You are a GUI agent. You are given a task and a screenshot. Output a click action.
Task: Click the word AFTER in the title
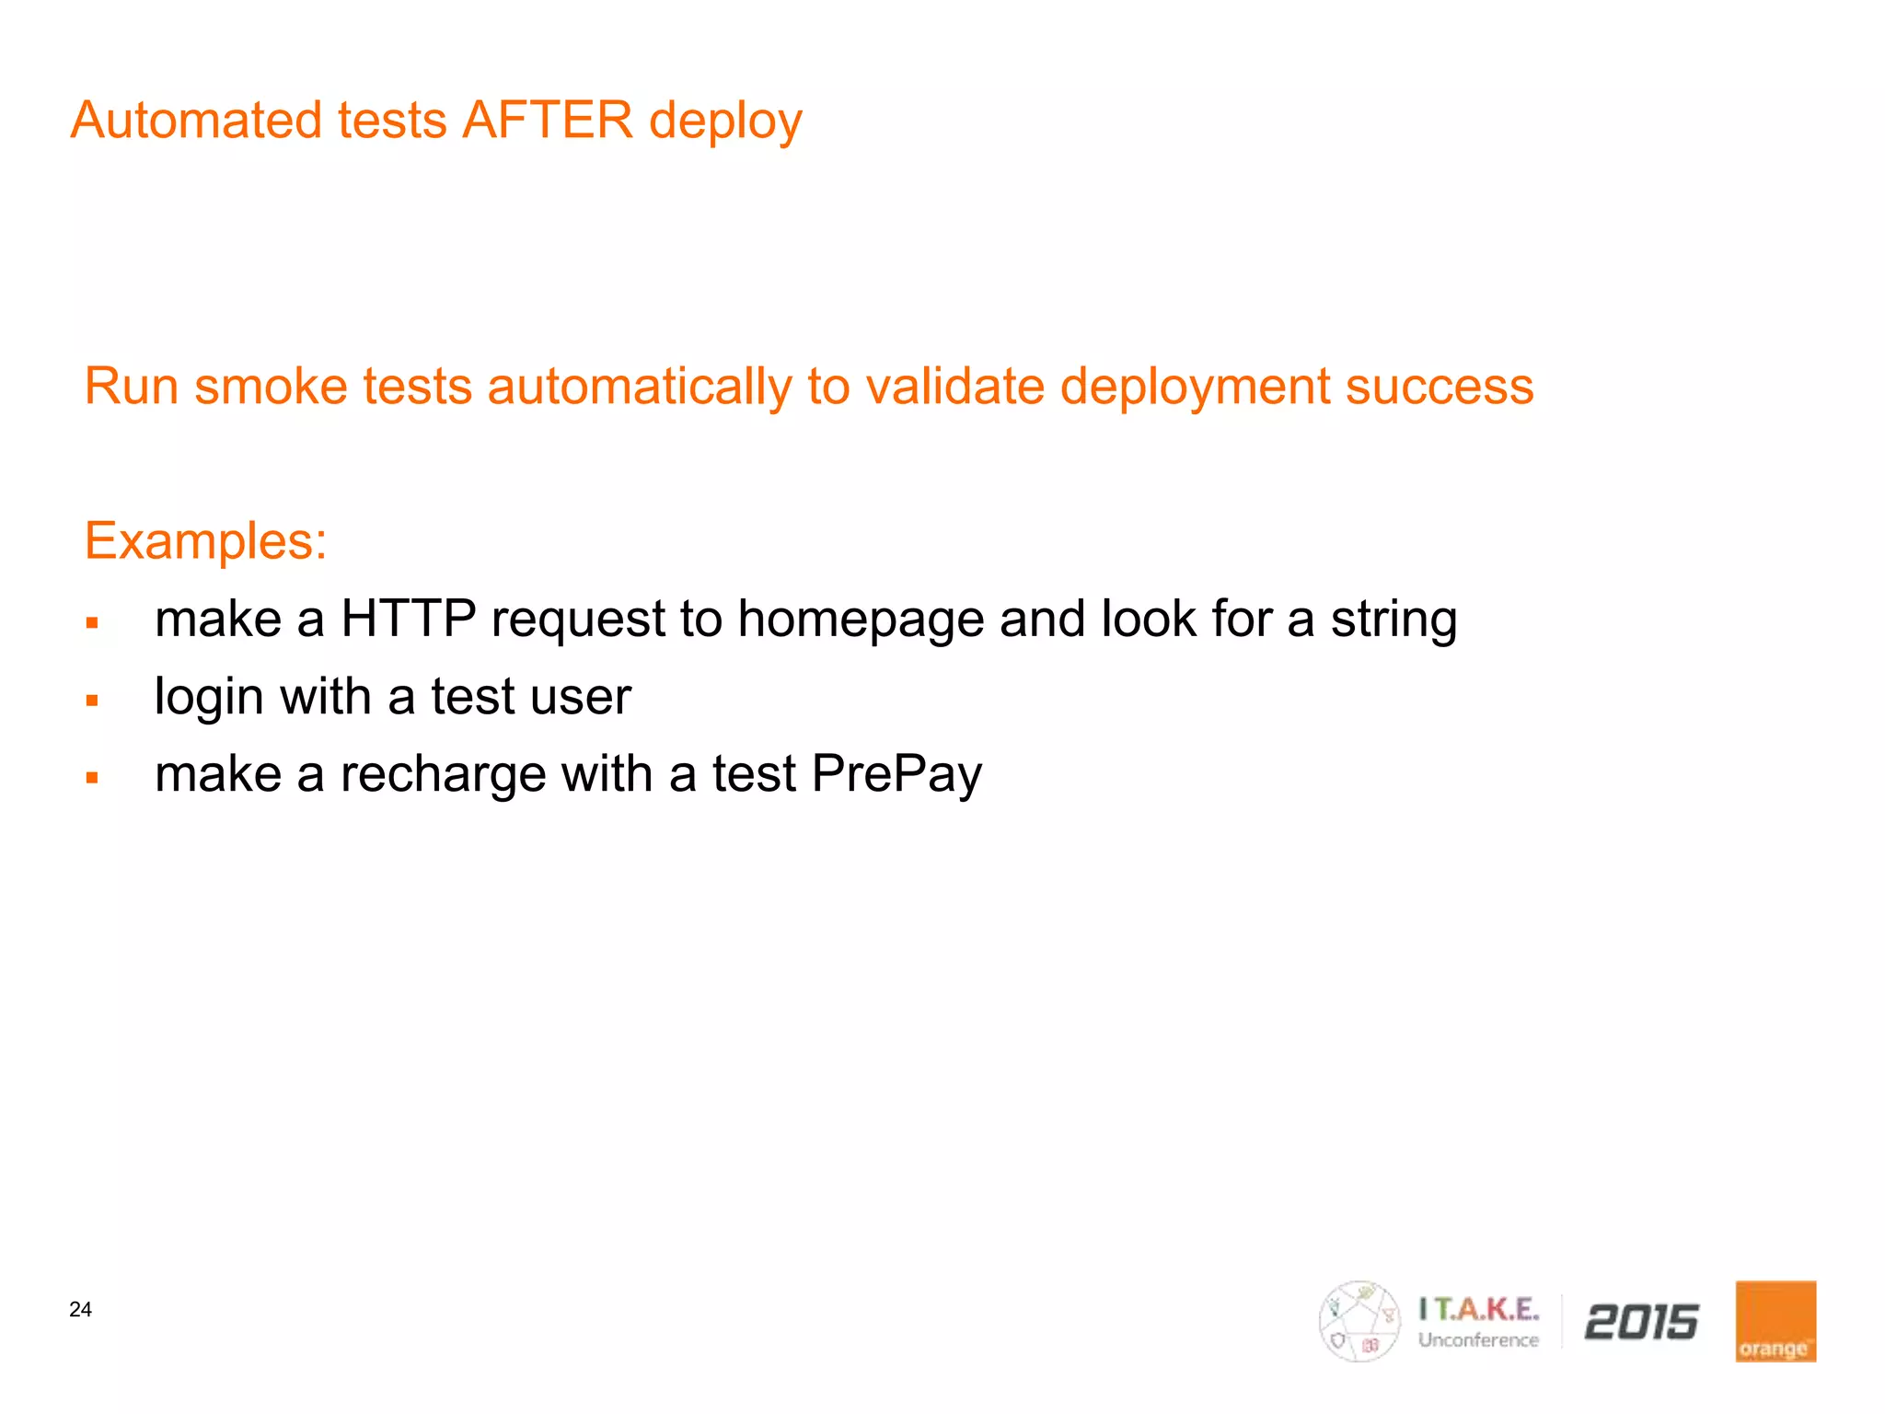pos(548,121)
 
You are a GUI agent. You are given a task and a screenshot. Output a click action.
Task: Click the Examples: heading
pos(205,540)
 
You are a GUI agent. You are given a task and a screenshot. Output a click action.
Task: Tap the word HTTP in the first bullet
pos(409,618)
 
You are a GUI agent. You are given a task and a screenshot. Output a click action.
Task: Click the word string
pos(1394,620)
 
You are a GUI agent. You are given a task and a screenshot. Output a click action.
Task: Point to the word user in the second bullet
pos(586,697)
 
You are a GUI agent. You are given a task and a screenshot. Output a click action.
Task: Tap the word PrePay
pos(896,774)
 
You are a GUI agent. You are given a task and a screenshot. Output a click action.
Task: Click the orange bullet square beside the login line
pos(92,701)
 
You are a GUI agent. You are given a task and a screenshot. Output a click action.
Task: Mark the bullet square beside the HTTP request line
pos(92,623)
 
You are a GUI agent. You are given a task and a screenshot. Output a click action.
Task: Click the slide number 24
pos(81,1309)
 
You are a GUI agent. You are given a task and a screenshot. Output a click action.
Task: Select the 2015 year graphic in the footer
pos(1641,1322)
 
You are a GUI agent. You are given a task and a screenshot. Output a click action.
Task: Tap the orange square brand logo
pos(1775,1321)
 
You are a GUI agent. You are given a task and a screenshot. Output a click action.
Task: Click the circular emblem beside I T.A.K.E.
pos(1359,1321)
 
